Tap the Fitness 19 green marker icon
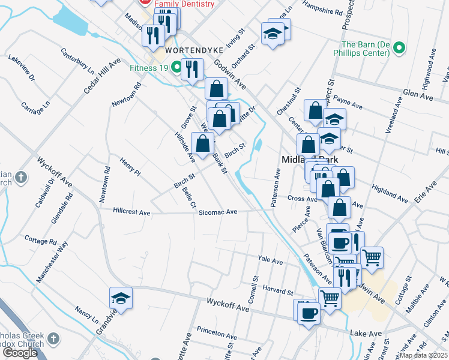(x=177, y=67)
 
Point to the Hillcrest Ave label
(x=131, y=211)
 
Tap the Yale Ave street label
(x=270, y=262)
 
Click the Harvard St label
(x=277, y=290)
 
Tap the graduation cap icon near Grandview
(x=121, y=298)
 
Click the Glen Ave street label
(x=418, y=94)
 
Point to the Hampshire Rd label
(x=323, y=11)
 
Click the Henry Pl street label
(x=130, y=166)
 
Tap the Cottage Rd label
(x=41, y=241)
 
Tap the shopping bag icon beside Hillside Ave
(x=203, y=143)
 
